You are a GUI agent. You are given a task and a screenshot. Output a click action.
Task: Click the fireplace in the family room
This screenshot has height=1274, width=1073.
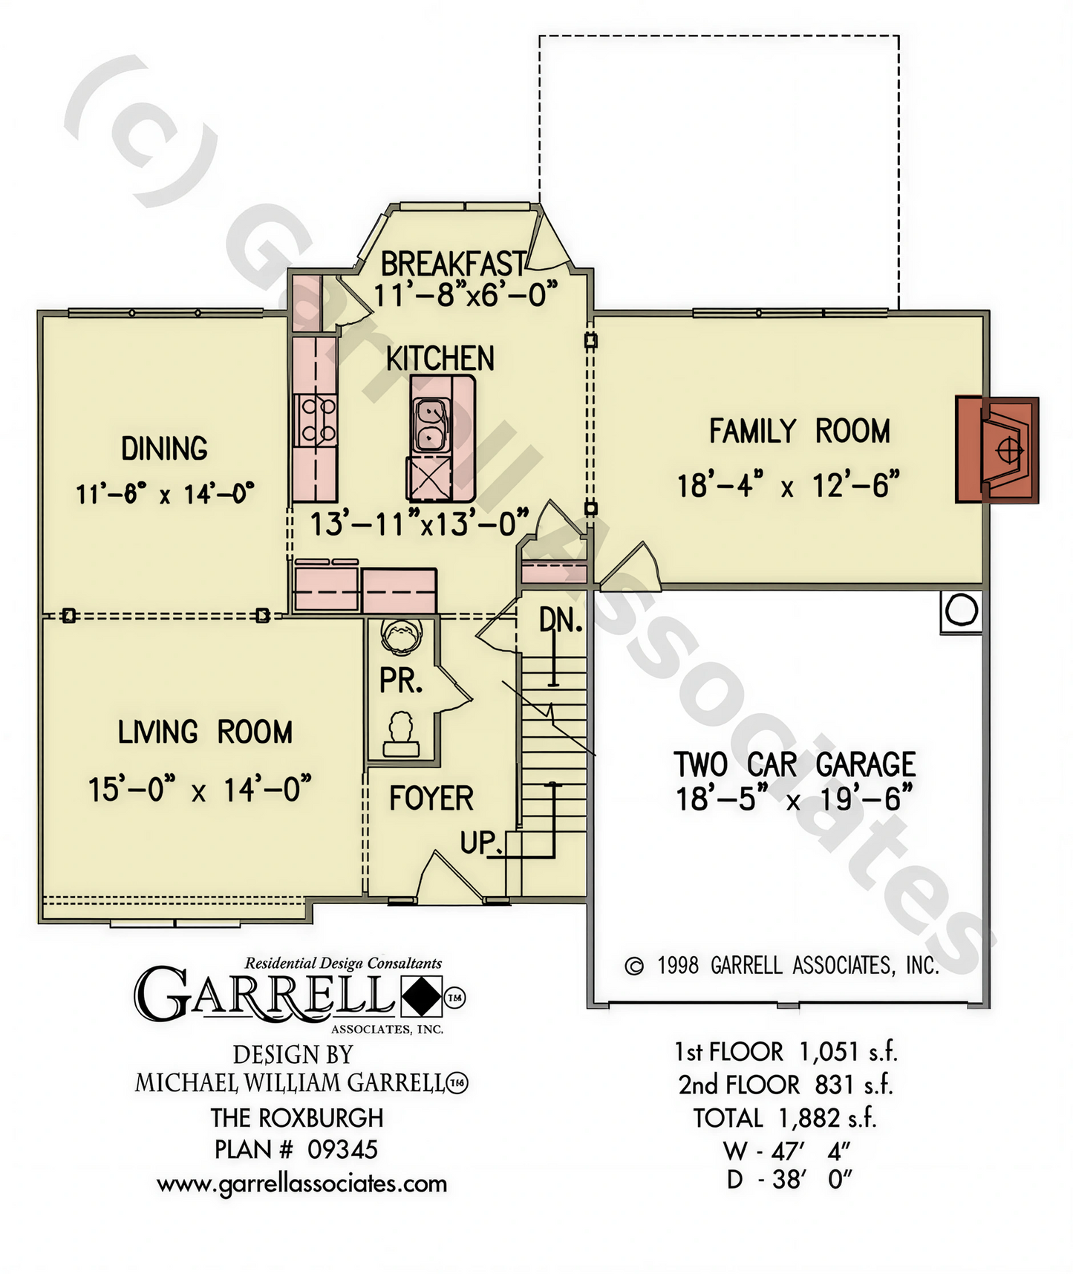pyautogui.click(x=997, y=450)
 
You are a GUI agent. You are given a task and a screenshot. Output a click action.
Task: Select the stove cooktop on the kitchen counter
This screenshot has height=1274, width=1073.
pyautogui.click(x=316, y=420)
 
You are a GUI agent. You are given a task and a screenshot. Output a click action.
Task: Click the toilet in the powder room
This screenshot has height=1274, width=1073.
pyautogui.click(x=401, y=634)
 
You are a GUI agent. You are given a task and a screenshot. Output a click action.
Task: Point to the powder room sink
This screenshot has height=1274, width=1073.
pyautogui.click(x=401, y=735)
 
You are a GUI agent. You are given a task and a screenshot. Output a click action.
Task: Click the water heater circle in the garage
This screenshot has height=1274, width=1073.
pyautogui.click(x=962, y=611)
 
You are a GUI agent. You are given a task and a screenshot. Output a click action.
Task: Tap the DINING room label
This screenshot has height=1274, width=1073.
pyautogui.click(x=165, y=449)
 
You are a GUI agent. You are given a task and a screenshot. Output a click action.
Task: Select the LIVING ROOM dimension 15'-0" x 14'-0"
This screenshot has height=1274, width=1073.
pyautogui.click(x=200, y=790)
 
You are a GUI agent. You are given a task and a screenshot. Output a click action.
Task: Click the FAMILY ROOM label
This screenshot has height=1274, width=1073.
pyautogui.click(x=800, y=432)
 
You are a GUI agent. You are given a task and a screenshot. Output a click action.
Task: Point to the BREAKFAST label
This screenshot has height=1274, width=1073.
pyautogui.click(x=453, y=264)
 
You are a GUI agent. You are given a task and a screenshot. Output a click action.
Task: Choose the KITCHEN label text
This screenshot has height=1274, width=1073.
pyautogui.click(x=440, y=359)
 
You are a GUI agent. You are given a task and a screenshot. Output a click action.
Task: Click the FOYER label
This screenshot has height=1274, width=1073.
pyautogui.click(x=431, y=799)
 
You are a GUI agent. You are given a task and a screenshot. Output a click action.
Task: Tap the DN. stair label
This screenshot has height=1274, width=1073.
pyautogui.click(x=561, y=620)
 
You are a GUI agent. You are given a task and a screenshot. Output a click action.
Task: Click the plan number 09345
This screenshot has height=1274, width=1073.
pyautogui.click(x=343, y=1150)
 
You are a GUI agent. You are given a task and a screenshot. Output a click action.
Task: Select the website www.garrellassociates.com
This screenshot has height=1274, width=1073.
pyautogui.click(x=302, y=1183)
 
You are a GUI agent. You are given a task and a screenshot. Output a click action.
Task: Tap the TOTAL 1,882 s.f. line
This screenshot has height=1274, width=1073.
pyautogui.click(x=786, y=1118)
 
